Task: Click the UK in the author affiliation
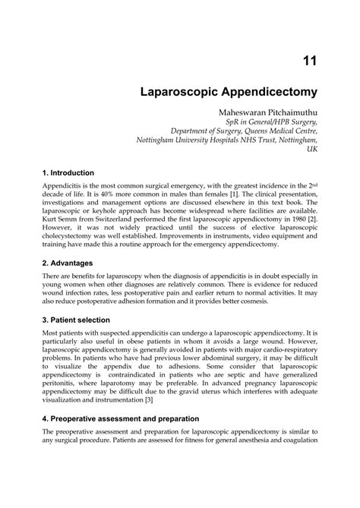(x=311, y=150)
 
